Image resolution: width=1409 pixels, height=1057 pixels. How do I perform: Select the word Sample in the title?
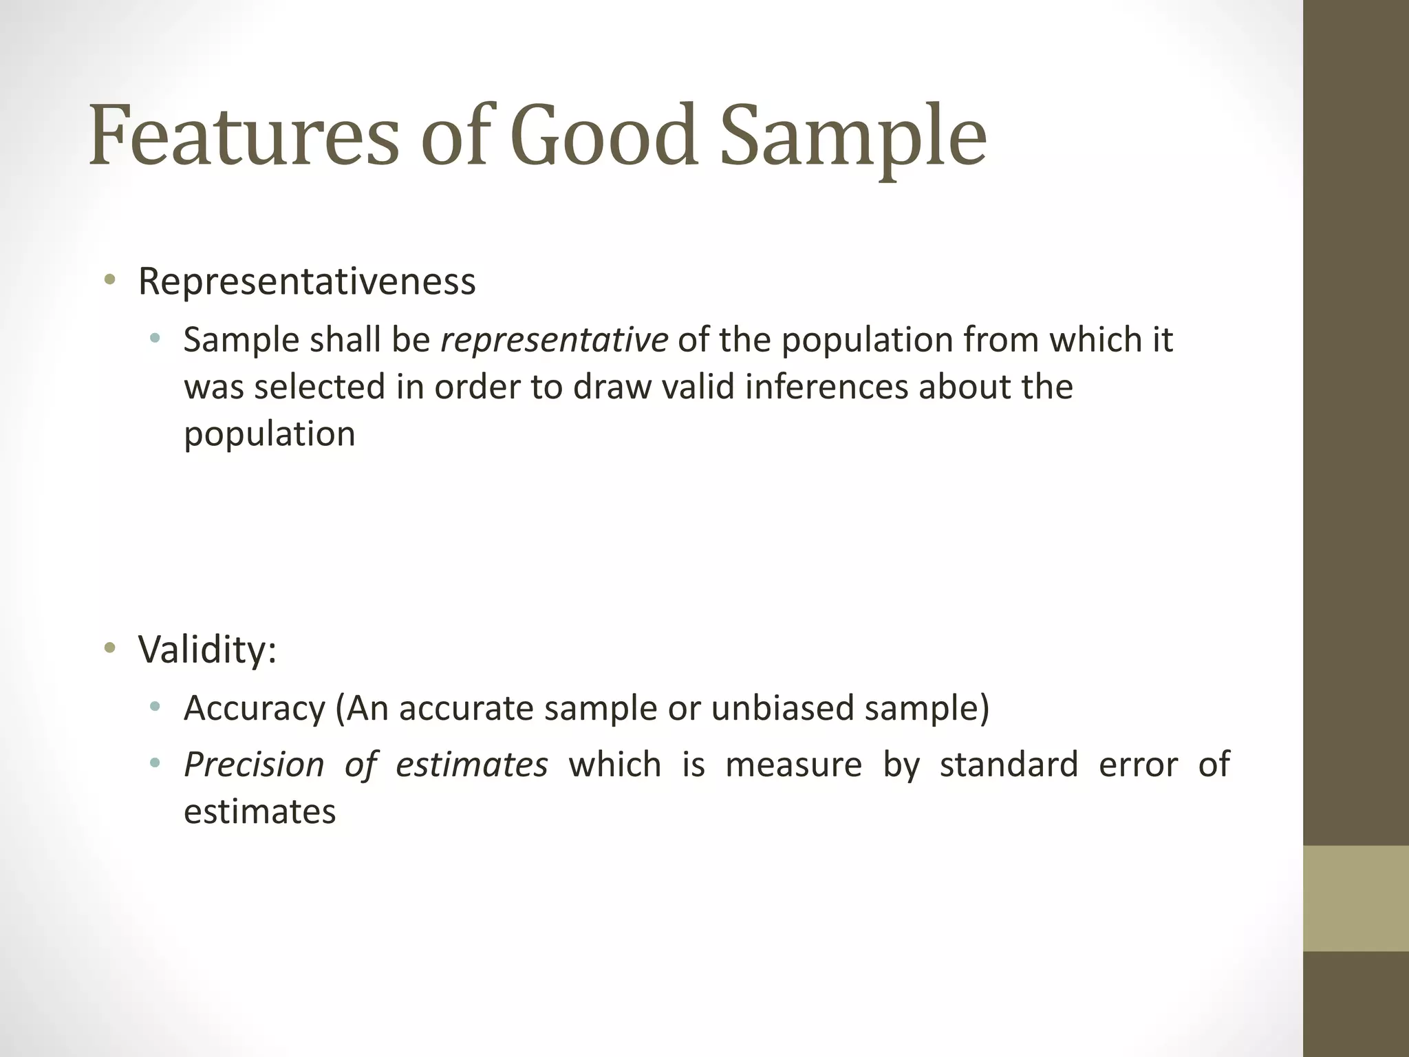tap(853, 136)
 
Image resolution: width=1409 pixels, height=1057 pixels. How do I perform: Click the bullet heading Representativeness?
tap(307, 281)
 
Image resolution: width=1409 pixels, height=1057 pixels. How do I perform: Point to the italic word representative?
tap(554, 340)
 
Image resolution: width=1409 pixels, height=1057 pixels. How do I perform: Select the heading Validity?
tap(207, 649)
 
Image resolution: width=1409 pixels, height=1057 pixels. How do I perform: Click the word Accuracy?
tap(254, 708)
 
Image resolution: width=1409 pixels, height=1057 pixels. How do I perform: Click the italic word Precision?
tap(254, 765)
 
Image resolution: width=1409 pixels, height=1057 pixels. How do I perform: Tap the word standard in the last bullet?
tap(1009, 765)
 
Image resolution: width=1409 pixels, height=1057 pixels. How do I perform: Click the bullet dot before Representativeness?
tap(109, 280)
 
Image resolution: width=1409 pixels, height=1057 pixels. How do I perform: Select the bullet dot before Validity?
tap(109, 648)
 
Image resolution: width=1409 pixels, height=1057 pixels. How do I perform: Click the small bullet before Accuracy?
tap(155, 707)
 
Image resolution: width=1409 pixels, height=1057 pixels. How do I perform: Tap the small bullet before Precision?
tap(155, 763)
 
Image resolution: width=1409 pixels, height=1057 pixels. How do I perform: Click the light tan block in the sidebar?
tap(1355, 898)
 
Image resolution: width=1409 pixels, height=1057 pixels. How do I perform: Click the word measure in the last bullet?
tap(793, 765)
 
